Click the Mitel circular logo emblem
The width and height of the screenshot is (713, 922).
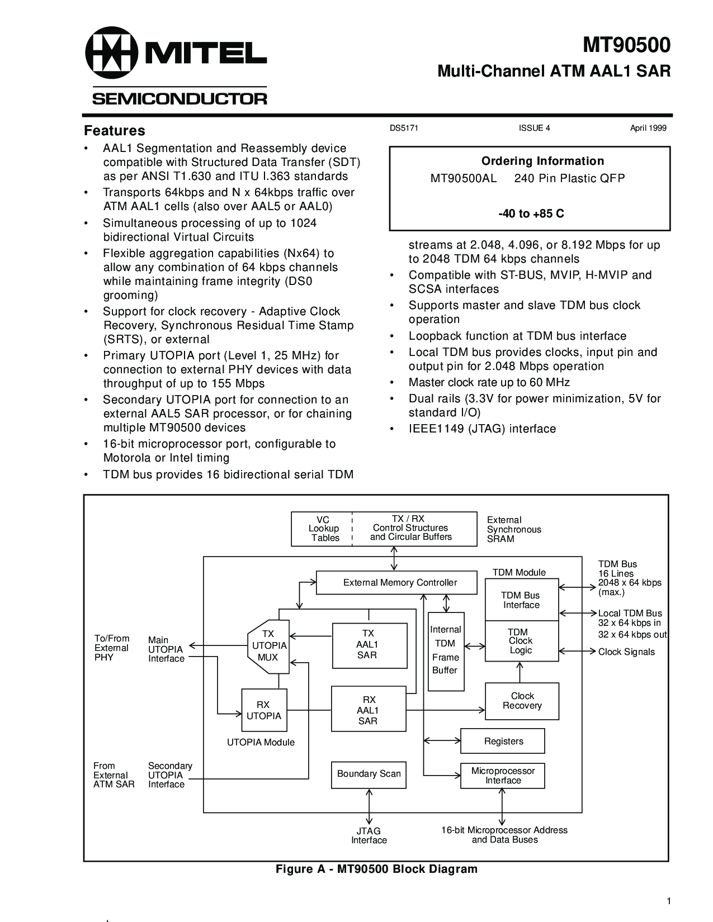(x=112, y=53)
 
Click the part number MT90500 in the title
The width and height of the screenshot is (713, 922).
(x=626, y=45)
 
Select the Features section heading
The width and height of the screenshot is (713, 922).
(x=115, y=130)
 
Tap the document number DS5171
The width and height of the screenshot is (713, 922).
(x=404, y=128)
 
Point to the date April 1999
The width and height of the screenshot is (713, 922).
(x=648, y=128)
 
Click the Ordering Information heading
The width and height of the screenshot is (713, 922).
(x=542, y=161)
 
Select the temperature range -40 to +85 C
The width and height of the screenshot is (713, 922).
(x=531, y=213)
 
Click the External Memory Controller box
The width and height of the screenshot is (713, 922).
(x=396, y=583)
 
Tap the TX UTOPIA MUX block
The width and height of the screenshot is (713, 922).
(x=268, y=647)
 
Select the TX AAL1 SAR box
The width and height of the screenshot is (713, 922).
(x=370, y=645)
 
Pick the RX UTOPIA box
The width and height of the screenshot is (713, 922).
(x=264, y=710)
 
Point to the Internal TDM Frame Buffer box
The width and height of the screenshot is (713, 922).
(x=446, y=652)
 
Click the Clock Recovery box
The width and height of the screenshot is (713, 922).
(x=522, y=701)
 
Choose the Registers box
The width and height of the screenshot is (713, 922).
(x=502, y=741)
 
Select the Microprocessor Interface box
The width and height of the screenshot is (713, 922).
(x=502, y=776)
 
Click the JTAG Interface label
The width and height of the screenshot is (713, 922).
(x=369, y=835)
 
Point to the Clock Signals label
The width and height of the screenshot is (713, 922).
(x=626, y=652)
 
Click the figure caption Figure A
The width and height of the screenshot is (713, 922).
(x=377, y=869)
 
